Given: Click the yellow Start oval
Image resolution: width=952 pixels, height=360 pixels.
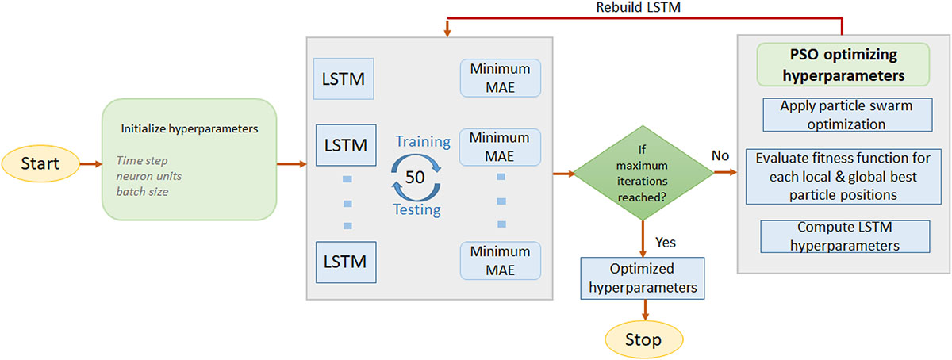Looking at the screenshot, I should [x=49, y=165].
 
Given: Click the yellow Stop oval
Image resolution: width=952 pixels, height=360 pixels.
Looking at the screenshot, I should [x=643, y=339].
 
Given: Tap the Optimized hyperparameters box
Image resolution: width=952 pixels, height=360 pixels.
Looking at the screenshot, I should [x=643, y=278].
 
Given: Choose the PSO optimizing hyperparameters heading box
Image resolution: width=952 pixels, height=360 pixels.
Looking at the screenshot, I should [x=843, y=65].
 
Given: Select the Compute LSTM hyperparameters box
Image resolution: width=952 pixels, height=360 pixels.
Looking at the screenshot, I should [x=844, y=236].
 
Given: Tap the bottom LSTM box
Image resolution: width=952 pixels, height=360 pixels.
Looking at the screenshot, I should [x=344, y=259].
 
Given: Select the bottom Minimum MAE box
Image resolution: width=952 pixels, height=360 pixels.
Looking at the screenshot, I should [x=500, y=261].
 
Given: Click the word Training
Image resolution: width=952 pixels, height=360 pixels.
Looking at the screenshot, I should [x=423, y=142].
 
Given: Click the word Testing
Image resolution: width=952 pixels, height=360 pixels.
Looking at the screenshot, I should [x=416, y=209].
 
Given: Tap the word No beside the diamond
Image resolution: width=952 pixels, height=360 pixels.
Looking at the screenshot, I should [x=720, y=155].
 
